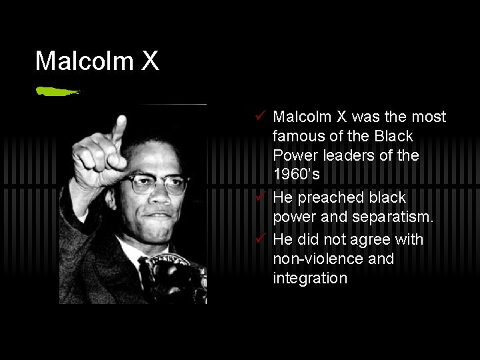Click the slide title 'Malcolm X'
tap(97, 61)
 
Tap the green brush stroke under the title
tap(58, 91)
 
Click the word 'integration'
tap(310, 278)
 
